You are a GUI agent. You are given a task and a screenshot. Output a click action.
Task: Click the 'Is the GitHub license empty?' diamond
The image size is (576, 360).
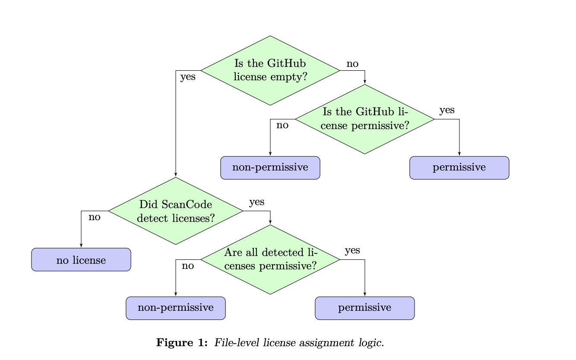click(270, 70)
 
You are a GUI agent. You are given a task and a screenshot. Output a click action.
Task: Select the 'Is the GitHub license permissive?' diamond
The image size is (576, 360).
click(364, 119)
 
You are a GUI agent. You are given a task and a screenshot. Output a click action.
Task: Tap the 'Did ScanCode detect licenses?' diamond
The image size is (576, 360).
click(176, 211)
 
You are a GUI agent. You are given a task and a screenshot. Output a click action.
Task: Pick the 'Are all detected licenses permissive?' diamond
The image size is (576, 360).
click(270, 259)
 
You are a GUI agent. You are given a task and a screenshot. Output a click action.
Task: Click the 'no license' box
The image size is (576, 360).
click(81, 260)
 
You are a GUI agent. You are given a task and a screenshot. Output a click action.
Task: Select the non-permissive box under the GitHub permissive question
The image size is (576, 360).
click(270, 167)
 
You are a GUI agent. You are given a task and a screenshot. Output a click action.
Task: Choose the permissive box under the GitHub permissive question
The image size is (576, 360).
click(459, 167)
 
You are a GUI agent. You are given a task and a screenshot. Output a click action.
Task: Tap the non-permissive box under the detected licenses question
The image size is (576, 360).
click(176, 308)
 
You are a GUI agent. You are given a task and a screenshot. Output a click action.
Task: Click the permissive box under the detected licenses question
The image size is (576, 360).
click(364, 308)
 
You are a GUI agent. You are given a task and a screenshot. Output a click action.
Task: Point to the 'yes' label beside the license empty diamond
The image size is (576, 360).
click(188, 78)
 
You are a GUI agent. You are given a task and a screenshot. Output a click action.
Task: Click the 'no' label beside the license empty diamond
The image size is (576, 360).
click(352, 64)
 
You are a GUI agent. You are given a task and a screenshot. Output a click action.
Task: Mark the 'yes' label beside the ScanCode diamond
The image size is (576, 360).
click(256, 202)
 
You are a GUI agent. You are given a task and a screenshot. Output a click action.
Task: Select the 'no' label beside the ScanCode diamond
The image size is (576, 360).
click(95, 217)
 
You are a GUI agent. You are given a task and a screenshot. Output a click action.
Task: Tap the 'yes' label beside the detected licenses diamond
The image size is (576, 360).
click(352, 250)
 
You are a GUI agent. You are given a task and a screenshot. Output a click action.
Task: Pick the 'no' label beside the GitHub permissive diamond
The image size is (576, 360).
click(282, 126)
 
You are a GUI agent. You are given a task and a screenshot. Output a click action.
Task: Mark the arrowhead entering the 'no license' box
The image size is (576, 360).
click(81, 246)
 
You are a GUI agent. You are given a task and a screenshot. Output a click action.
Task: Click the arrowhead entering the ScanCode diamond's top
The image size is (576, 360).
click(176, 175)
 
